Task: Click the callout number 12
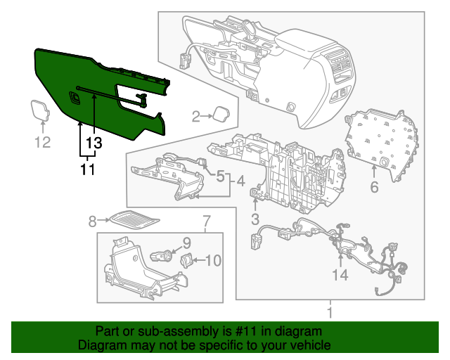43,143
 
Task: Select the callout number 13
94,143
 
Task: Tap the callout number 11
86,169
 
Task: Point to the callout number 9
187,243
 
